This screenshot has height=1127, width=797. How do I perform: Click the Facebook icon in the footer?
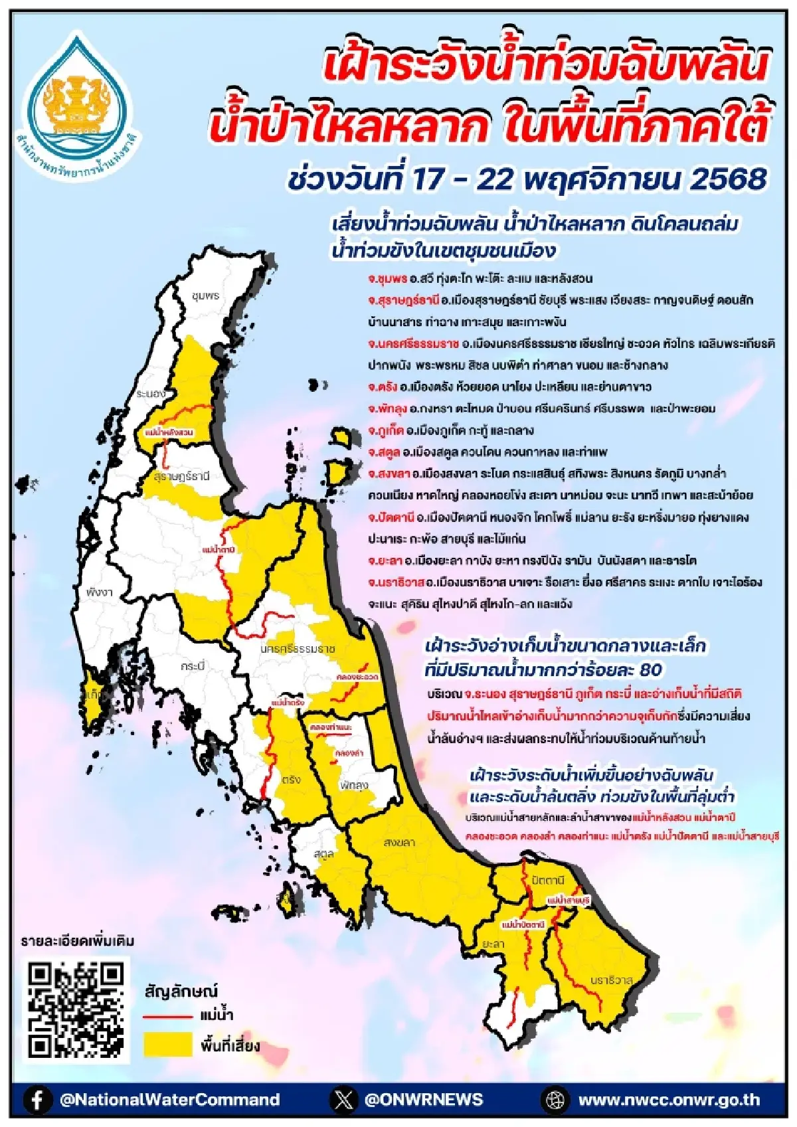click(x=38, y=1099)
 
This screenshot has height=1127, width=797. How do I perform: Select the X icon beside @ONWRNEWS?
click(x=343, y=1099)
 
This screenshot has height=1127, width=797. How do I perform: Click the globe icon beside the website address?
click(x=555, y=1099)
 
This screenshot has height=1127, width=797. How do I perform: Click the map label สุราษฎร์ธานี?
click(x=181, y=476)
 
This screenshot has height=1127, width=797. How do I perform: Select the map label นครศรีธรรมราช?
click(x=298, y=648)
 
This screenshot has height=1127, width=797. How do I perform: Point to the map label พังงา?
click(x=100, y=591)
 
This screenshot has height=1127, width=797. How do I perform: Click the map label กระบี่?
click(x=193, y=665)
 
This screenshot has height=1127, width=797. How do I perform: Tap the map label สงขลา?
click(x=399, y=842)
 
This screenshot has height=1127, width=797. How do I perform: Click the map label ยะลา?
click(x=493, y=944)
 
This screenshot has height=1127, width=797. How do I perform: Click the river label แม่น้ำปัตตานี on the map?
click(x=523, y=924)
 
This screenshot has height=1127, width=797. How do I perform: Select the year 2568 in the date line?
click(x=729, y=179)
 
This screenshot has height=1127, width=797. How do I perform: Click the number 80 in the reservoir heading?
click(x=651, y=669)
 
